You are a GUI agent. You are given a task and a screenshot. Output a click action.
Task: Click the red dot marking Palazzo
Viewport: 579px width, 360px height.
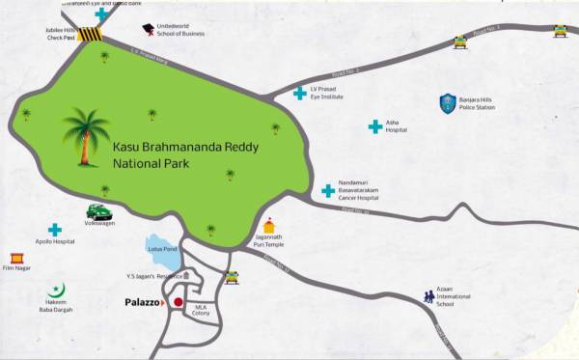(178, 302)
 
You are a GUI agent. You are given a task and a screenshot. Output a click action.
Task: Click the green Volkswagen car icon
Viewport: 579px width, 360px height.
(97, 211)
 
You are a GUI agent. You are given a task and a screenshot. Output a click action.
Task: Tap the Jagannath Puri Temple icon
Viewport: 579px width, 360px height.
(269, 224)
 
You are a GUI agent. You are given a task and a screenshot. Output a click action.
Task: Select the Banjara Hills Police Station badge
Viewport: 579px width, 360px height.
(448, 101)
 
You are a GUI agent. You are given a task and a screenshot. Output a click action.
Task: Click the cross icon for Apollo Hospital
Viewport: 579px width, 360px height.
(55, 230)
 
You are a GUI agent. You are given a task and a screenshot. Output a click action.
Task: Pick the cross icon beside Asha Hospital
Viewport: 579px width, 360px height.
(374, 126)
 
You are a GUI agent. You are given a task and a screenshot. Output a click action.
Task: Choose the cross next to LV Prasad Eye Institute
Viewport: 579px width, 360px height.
(300, 93)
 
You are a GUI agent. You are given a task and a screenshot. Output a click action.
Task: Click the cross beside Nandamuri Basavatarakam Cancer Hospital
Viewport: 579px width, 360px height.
(328, 191)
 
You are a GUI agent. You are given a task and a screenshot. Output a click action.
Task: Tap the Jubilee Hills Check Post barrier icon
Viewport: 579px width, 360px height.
(90, 35)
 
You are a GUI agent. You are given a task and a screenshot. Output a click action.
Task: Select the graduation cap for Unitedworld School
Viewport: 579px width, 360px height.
(148, 30)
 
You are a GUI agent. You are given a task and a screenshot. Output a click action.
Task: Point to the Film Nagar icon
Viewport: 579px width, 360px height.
(16, 259)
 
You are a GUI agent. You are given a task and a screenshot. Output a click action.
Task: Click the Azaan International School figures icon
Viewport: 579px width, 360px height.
(428, 297)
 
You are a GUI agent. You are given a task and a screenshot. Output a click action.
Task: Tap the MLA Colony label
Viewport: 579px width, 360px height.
(201, 309)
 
